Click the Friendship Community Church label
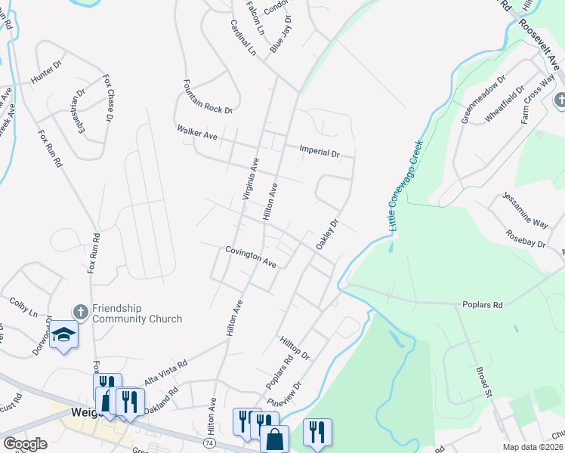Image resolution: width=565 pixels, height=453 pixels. [x=137, y=313]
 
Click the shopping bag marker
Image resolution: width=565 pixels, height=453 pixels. [x=274, y=437]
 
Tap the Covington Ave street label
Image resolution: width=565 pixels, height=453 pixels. [x=251, y=256]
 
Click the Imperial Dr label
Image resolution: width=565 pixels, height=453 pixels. [x=320, y=151]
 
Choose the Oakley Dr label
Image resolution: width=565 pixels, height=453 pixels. [x=326, y=234]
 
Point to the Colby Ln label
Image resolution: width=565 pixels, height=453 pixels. [x=23, y=307]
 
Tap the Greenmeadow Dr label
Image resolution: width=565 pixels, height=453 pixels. [x=483, y=99]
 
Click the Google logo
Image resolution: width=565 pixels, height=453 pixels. [x=24, y=444]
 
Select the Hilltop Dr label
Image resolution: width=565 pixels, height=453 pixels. [x=295, y=348]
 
